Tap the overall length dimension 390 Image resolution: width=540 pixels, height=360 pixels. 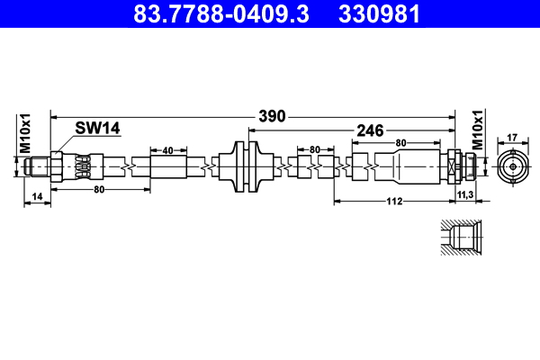click(x=271, y=116)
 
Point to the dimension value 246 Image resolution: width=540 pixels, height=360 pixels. click(x=371, y=131)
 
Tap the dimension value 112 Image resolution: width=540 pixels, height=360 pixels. click(x=393, y=202)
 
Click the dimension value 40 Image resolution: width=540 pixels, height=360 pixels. click(x=167, y=149)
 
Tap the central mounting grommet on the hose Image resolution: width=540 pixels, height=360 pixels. click(x=246, y=166)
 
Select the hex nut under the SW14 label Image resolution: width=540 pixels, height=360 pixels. click(x=57, y=166)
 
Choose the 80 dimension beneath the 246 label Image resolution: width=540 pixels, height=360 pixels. click(x=400, y=142)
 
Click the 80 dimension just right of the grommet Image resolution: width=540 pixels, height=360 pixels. click(x=315, y=149)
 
